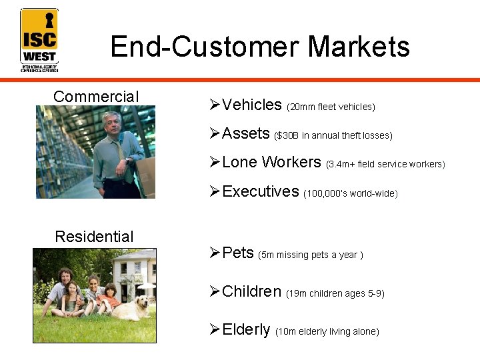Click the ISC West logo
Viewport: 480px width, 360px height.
pos(39,39)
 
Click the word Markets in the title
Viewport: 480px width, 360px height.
pos(359,47)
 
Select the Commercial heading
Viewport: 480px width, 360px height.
pos(96,97)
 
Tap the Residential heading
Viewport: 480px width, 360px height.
pos(94,237)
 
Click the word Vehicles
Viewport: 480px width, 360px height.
pos(252,105)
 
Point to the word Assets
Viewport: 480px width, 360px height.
pos(245,134)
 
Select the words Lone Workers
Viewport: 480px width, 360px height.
pos(271,163)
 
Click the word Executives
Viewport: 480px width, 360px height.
pos(260,192)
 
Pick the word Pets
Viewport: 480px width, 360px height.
pos(238,253)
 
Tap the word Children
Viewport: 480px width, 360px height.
pos(251,292)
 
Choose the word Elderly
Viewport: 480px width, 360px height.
pos(246,330)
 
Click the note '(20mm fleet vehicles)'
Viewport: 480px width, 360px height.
pos(331,107)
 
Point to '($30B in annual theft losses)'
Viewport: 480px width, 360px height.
pos(333,136)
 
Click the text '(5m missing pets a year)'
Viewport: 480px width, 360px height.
pos(311,255)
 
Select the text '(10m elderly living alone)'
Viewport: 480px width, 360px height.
pos(327,332)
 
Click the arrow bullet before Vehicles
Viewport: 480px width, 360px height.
pos(214,105)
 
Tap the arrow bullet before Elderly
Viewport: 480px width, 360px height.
pos(214,330)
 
